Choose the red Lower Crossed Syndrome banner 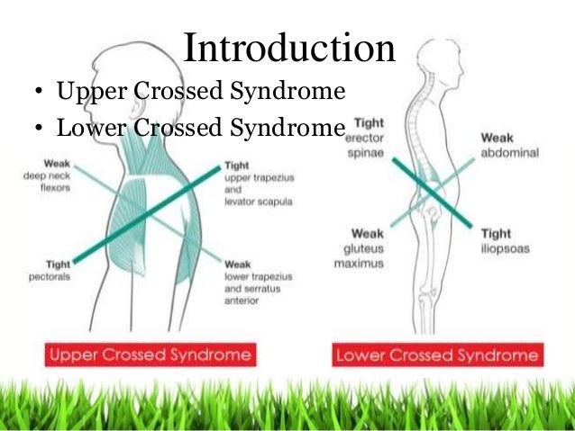[437, 355]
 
